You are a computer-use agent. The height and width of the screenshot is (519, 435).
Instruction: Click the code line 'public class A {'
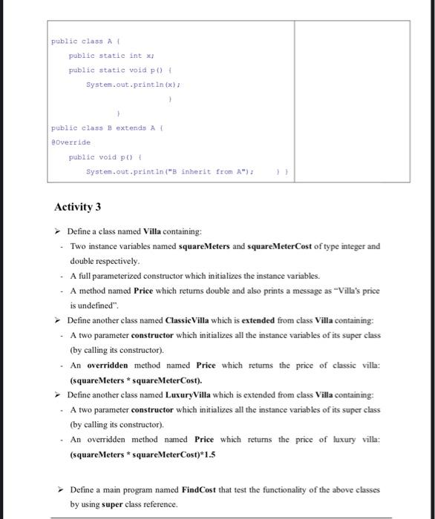tap(81, 42)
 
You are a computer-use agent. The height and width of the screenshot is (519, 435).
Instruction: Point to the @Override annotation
tap(71, 142)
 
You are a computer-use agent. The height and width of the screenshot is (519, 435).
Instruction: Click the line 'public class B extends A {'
tap(108, 128)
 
